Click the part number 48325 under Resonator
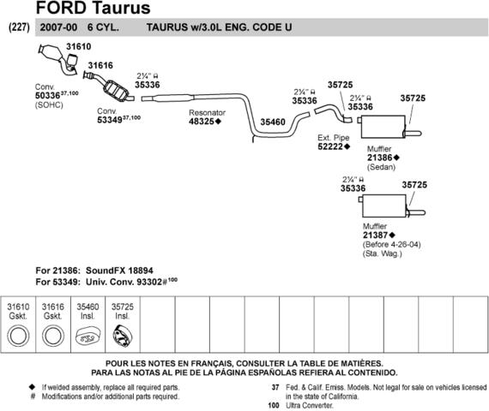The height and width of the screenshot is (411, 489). (202, 122)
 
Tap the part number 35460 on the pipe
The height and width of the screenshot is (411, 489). (273, 122)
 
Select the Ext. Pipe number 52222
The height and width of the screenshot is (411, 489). (330, 146)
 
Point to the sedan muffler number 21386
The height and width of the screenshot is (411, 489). (379, 158)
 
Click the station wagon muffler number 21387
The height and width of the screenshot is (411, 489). (376, 235)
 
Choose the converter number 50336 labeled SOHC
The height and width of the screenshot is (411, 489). (47, 96)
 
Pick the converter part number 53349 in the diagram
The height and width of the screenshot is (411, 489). (110, 120)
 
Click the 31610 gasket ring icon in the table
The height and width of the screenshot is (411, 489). (18, 336)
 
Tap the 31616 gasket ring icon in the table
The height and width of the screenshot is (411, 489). (53, 336)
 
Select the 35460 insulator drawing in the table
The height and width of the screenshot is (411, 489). (88, 337)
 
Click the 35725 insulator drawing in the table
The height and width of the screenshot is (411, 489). (122, 337)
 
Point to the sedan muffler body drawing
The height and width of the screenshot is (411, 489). (383, 127)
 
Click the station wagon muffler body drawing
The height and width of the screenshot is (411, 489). (384, 205)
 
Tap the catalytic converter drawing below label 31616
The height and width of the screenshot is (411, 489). (116, 90)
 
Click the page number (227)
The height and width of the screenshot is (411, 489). (20, 27)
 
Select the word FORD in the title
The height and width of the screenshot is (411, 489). (62, 8)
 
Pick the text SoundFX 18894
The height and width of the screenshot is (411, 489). (119, 271)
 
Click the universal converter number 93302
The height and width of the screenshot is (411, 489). (149, 282)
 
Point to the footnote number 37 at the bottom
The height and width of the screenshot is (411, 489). (275, 387)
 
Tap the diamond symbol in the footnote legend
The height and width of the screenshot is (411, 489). (32, 387)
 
